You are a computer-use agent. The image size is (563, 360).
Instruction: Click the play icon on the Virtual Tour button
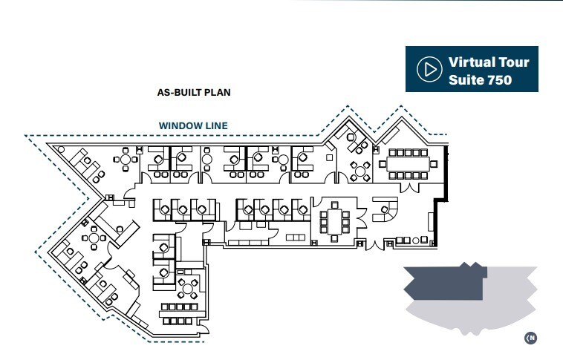point(429,70)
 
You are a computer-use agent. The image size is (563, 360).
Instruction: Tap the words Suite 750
point(480,79)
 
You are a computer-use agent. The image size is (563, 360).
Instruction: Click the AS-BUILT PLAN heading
point(194,93)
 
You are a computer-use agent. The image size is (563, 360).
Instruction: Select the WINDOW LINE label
point(193,126)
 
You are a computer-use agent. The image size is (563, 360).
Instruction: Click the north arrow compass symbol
point(530,338)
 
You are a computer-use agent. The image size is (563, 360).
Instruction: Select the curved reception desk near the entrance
point(383,212)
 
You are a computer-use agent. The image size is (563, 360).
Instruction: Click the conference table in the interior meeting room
point(335,221)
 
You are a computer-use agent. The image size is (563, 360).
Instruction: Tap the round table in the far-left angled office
point(95,238)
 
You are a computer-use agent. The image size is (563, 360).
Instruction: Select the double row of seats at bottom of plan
point(179,314)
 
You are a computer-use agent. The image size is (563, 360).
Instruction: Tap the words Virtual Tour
point(487,62)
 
